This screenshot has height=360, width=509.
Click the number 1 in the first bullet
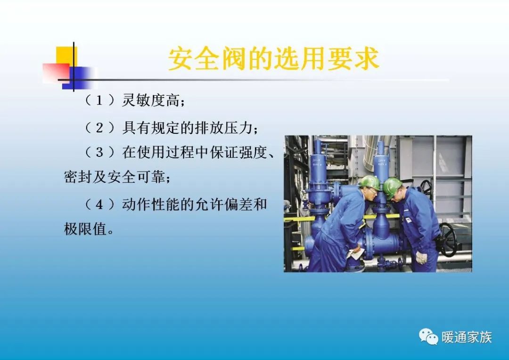(99, 100)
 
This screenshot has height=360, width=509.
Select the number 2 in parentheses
(99, 127)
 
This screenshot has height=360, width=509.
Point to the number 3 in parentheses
(99, 152)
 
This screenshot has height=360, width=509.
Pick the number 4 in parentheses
(99, 205)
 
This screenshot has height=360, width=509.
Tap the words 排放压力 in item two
(229, 127)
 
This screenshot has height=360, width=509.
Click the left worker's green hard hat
(369, 182)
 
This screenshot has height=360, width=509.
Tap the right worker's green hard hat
(392, 186)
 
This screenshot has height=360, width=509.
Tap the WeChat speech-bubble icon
(428, 336)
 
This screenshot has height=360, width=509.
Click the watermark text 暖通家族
(467, 337)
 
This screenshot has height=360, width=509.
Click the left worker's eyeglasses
(372, 190)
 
